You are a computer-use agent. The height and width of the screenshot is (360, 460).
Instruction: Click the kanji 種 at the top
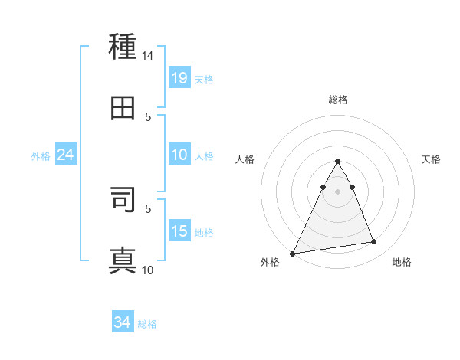coord(123,47)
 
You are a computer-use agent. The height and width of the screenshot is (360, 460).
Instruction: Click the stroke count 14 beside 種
coord(148,56)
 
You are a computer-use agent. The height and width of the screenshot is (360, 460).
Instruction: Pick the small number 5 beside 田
coord(148,116)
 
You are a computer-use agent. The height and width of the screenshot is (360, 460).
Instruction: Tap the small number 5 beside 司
coord(148,208)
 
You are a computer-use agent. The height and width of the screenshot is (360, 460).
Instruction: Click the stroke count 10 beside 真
coord(148,270)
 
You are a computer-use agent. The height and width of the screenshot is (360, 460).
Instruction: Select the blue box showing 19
coord(179,77)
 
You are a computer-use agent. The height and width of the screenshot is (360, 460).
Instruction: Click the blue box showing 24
coord(66,155)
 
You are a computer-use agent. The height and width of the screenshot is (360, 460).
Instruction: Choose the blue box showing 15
coord(179,231)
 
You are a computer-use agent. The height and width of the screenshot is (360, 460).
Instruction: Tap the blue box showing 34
coord(123,322)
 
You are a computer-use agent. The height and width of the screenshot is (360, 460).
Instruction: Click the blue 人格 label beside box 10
coord(204,155)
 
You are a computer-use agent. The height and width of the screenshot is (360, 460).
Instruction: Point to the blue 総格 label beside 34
coord(147,324)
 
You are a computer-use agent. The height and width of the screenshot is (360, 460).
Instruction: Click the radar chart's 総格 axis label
coord(338,100)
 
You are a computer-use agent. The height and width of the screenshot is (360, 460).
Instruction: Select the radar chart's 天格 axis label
coord(432,159)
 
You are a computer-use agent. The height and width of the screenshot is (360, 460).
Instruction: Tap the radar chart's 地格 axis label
coord(402,262)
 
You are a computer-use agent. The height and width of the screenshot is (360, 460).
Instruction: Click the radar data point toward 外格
coord(293,253)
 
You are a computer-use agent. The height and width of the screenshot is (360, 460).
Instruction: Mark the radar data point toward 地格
coord(374,242)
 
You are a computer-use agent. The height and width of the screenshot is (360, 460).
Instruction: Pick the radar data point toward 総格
coord(337,162)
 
